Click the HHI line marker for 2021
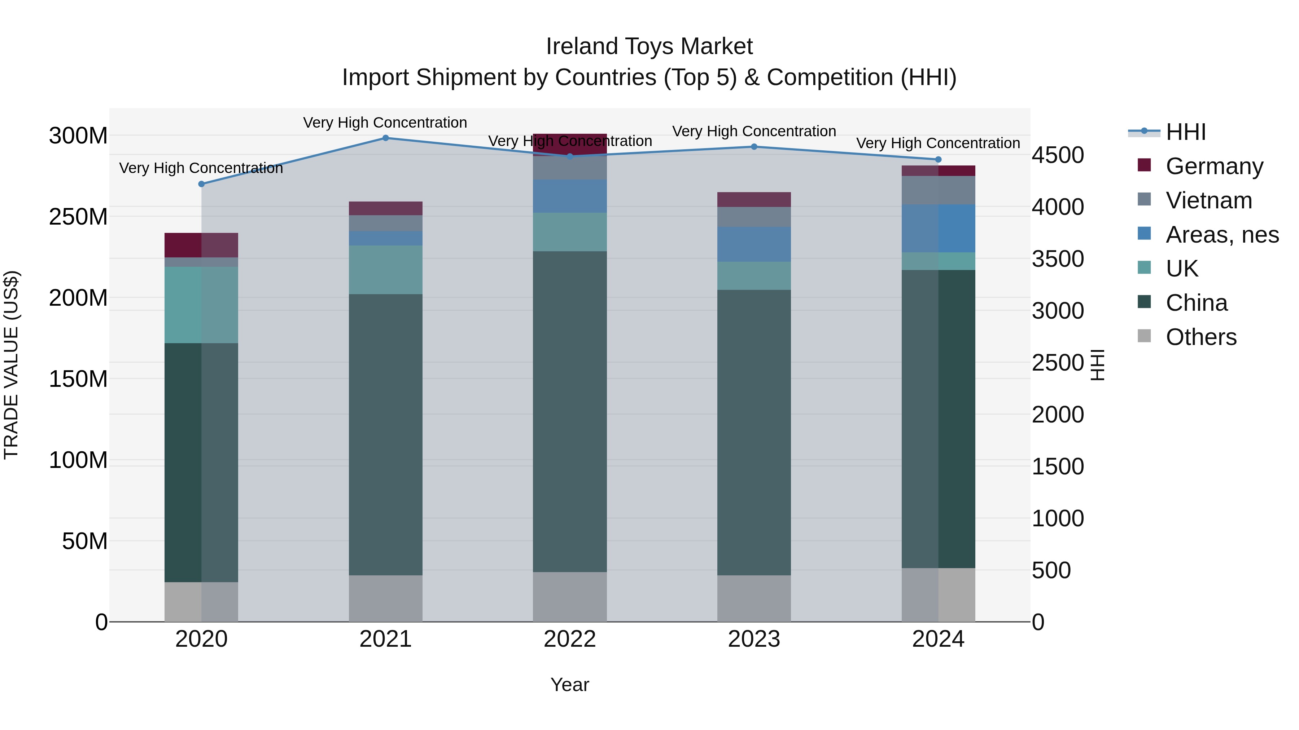pos(385,138)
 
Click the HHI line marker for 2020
pos(201,184)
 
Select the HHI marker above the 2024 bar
pos(938,160)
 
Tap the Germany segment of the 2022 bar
pos(570,145)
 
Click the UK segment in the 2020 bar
pos(201,305)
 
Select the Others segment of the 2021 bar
pos(385,598)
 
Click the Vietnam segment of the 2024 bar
pos(938,190)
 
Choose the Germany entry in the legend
pos(1214,166)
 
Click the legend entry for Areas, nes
pos(1221,235)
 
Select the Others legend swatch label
pos(1200,337)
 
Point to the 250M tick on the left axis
pos(78,217)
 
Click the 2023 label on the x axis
pos(754,639)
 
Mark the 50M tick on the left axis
pos(84,541)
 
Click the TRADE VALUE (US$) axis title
pos(11,365)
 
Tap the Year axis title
pos(570,685)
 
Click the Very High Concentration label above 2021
pos(385,123)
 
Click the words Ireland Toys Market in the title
pos(649,47)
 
